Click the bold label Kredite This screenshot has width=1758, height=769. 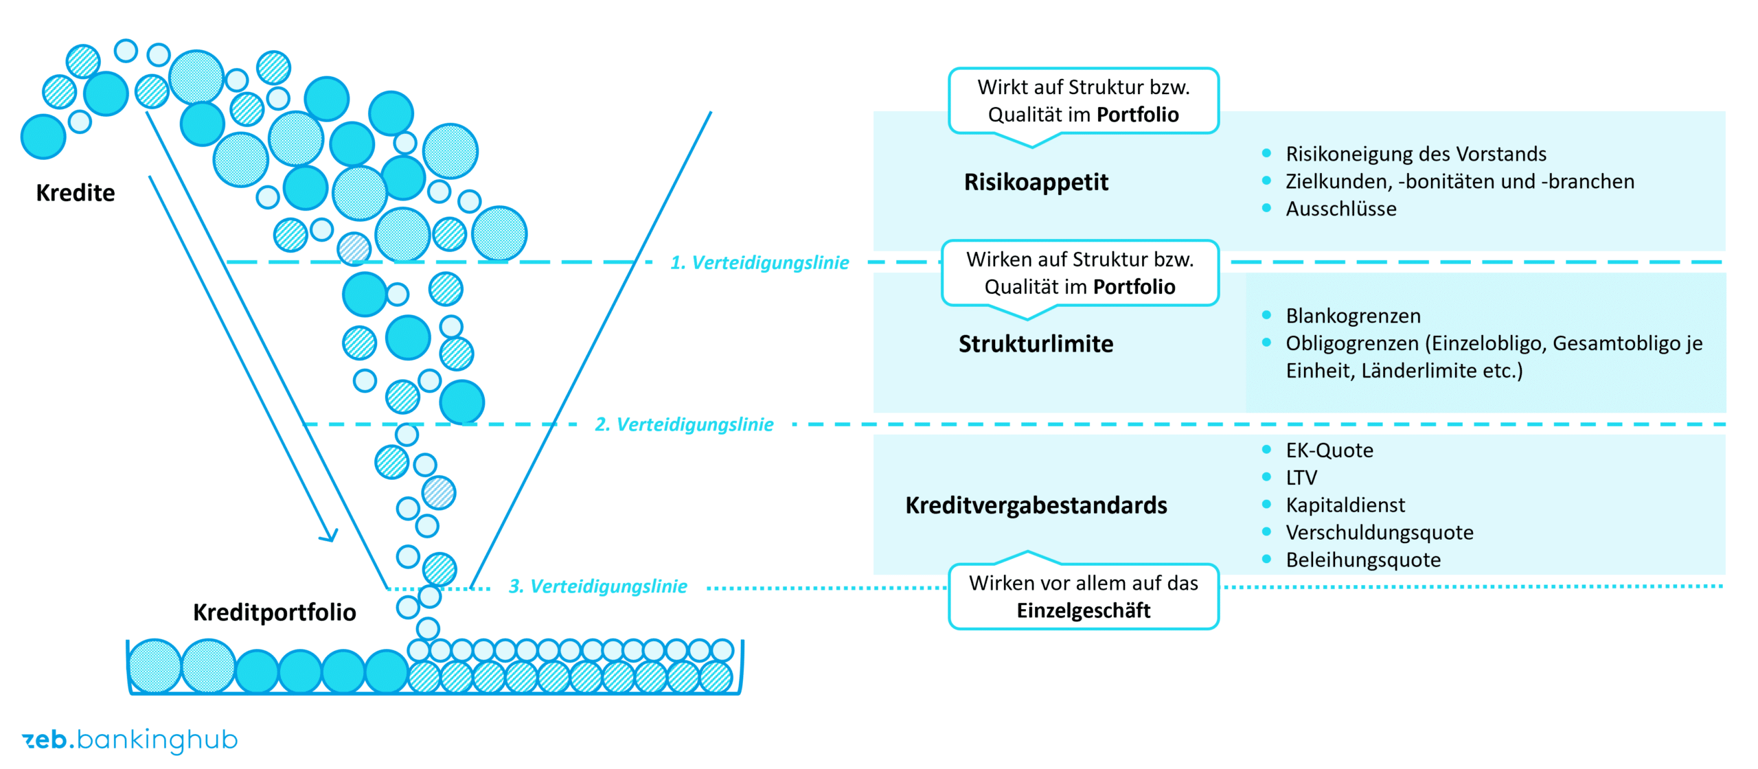click(x=76, y=193)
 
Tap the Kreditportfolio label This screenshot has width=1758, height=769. click(x=274, y=612)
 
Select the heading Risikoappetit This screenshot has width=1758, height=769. click(x=1036, y=182)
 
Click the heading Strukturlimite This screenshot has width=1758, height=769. click(x=1036, y=343)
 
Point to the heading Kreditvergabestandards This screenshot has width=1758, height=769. click(x=1036, y=505)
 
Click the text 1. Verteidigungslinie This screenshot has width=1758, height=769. click(x=759, y=262)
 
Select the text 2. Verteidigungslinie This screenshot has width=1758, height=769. click(x=683, y=424)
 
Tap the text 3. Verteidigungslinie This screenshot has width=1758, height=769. click(x=597, y=586)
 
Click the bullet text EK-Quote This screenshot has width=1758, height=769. click(x=1329, y=450)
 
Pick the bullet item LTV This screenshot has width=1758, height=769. click(x=1301, y=478)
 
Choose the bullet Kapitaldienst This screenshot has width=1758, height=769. click(x=1345, y=505)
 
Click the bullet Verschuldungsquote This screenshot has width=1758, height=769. click(x=1379, y=533)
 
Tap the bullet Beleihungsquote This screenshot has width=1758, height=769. click(x=1362, y=560)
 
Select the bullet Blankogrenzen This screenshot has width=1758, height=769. click(x=1353, y=316)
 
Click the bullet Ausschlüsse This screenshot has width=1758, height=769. click(x=1340, y=209)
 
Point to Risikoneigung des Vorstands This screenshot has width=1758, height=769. click(x=1415, y=154)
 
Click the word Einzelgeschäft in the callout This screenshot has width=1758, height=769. click(x=1083, y=610)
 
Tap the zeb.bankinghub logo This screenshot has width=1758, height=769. click(x=130, y=739)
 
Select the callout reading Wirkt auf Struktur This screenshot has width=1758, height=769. click(x=1083, y=101)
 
